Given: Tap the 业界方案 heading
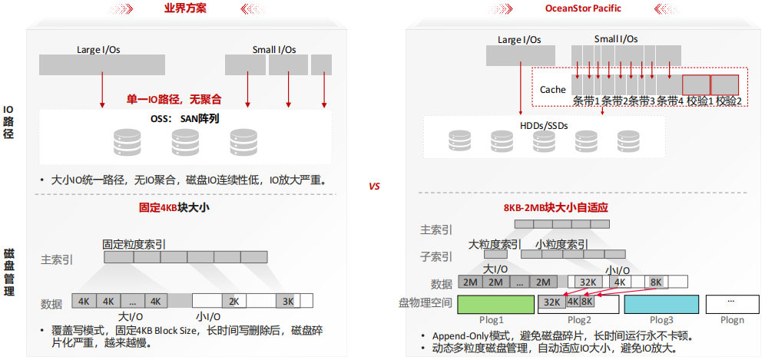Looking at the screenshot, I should point(185,8).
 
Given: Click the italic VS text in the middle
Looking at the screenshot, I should point(375,187).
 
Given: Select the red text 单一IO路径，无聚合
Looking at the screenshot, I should point(174,99).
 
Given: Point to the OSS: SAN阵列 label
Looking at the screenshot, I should point(185,119).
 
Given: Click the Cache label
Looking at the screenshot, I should point(552,90).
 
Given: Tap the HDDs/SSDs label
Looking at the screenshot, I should point(543,125).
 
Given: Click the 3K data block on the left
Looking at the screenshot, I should point(288,301).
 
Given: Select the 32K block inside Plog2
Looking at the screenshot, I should point(551,302).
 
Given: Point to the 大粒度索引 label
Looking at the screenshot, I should point(495,245).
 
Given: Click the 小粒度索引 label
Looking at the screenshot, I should point(561,245).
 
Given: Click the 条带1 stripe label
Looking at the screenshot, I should point(587,101).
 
